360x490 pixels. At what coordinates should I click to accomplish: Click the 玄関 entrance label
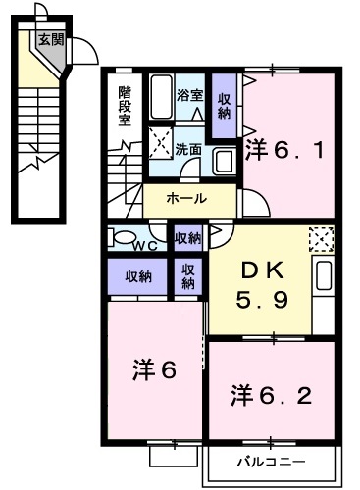[51, 40]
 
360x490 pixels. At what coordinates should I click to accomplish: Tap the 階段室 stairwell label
[125, 106]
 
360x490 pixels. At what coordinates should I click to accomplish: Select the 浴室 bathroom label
[189, 96]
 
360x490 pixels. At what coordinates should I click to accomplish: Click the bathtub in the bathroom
[161, 98]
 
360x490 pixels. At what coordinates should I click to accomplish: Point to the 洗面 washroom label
[188, 150]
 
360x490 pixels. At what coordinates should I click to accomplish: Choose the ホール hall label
[186, 199]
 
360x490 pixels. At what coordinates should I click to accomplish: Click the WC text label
[146, 244]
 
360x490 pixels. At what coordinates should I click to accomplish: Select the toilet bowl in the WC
[122, 236]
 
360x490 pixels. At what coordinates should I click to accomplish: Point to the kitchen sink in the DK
[325, 279]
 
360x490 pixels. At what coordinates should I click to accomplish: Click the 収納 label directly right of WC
[188, 237]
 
